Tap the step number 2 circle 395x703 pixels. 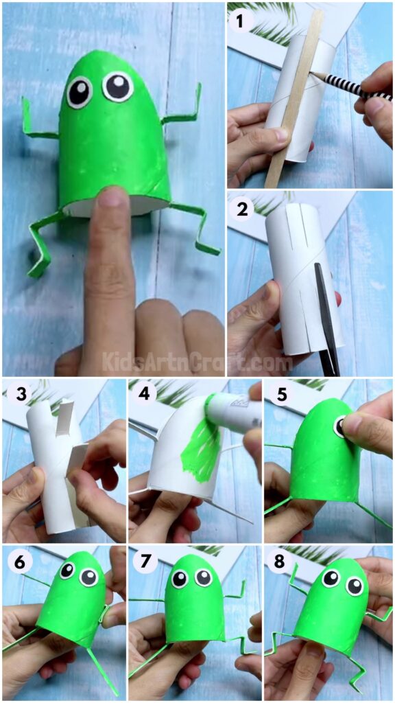241,209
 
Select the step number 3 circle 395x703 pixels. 15,394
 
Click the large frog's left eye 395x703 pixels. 79,91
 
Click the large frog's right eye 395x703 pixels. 117,87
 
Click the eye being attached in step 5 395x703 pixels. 341,428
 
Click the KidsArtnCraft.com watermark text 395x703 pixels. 197,361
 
